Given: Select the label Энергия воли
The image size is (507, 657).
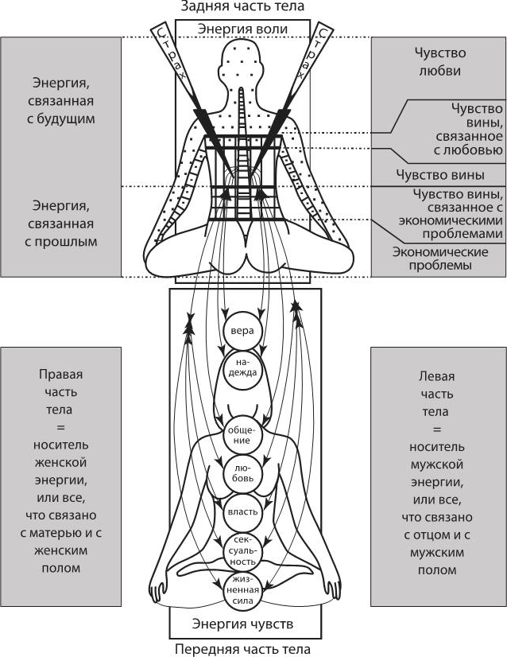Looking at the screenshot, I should point(242,29).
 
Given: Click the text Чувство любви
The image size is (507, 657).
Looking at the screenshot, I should point(439,61).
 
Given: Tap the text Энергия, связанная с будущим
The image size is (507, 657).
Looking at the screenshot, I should point(62,100).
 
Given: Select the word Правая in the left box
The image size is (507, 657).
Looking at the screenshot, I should point(62,375).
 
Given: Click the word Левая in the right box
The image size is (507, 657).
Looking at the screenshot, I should point(439,375).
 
